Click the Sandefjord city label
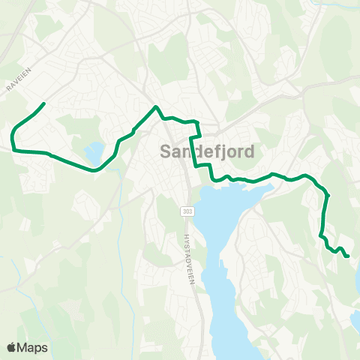(207, 151)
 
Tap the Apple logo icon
(12, 347)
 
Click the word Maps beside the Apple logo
(32, 347)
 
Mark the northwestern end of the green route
(45, 103)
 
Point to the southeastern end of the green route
(349, 257)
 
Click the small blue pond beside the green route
(94, 154)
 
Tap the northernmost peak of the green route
(156, 107)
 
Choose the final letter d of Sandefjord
(249, 151)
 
